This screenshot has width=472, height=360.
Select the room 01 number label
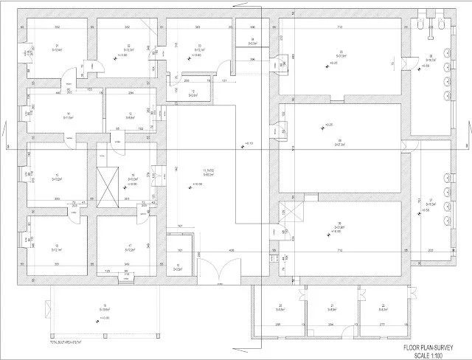(57, 46)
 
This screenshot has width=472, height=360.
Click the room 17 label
(129, 246)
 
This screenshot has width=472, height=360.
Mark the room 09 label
(340, 142)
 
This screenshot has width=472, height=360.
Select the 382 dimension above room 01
(58, 27)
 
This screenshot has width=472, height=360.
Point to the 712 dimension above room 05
(340, 27)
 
